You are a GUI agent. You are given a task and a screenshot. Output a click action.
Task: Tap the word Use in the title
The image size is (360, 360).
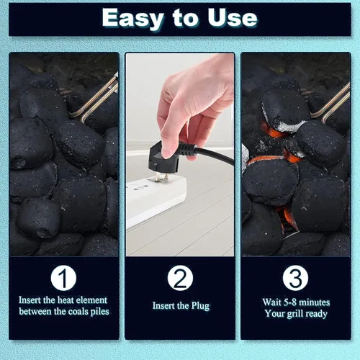[233, 18]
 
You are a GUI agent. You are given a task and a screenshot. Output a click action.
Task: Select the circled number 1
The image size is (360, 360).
[63, 278]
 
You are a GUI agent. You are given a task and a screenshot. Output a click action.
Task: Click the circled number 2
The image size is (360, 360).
[180, 278]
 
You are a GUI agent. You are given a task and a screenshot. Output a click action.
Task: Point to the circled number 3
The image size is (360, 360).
[295, 278]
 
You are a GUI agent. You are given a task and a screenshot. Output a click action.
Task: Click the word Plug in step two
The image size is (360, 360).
[200, 306]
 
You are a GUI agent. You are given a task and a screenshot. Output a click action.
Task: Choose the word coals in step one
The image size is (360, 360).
[78, 312]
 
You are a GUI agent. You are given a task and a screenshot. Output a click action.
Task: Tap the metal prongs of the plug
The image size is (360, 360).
[161, 177]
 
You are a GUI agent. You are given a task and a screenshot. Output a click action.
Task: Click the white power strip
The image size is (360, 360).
[156, 200]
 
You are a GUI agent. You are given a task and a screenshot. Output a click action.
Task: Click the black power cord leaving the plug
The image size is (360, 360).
[211, 154]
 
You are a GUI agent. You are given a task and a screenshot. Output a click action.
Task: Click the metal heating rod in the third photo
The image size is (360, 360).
[333, 102]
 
